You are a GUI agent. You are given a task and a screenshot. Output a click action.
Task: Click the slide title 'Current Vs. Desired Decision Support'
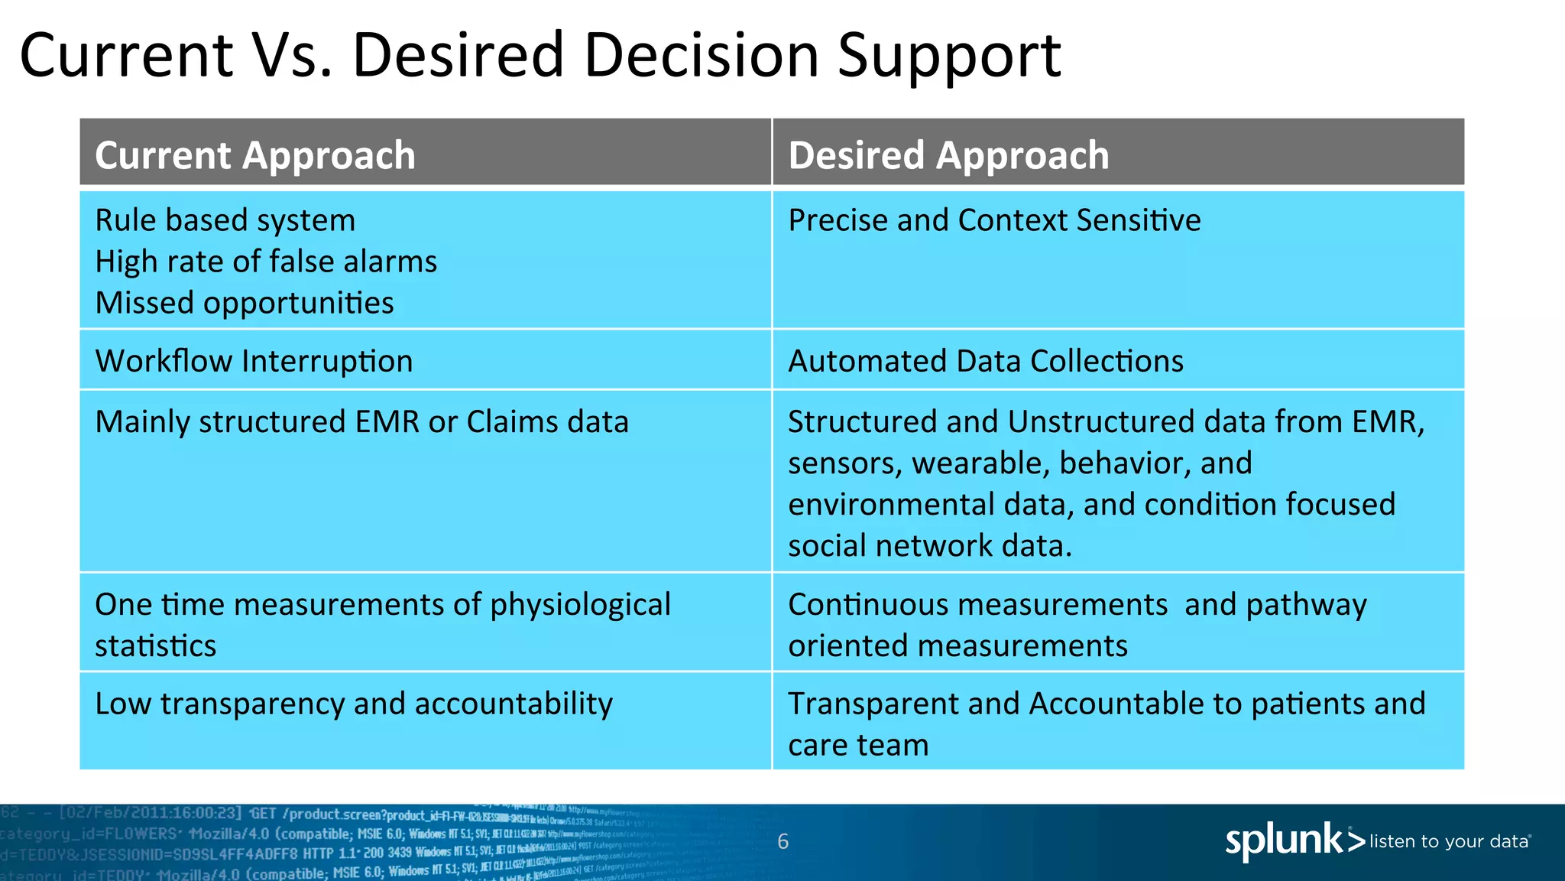[x=539, y=55]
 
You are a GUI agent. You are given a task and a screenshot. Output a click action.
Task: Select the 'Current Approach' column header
[x=255, y=155]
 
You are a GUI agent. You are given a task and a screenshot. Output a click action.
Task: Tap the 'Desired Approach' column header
[x=948, y=155]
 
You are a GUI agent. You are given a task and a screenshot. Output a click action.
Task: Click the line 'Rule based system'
[x=225, y=220]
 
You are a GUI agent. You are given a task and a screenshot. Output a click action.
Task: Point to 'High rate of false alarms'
[x=266, y=262]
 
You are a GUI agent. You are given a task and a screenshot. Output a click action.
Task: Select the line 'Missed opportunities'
[x=245, y=303]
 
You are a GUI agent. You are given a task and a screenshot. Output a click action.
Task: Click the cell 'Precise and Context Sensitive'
[x=994, y=220]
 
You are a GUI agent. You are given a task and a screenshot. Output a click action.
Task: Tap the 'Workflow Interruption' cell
[x=254, y=361]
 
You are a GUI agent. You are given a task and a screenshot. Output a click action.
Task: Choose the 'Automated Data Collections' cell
[x=986, y=361]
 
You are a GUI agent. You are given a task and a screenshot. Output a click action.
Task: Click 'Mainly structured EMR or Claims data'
[x=361, y=422]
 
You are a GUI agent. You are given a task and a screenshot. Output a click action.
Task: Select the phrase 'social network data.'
[x=930, y=546]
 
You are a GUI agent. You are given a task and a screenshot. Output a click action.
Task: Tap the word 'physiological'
[x=580, y=605]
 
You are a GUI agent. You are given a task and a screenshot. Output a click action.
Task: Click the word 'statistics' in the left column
[x=155, y=646]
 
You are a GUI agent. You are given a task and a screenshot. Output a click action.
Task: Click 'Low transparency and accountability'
[x=353, y=704]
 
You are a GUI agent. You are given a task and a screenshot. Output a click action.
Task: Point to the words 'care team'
[x=858, y=745]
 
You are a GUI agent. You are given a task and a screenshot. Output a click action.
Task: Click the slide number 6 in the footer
[x=782, y=842]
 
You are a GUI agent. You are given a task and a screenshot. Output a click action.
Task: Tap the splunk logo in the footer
[x=1293, y=841]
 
